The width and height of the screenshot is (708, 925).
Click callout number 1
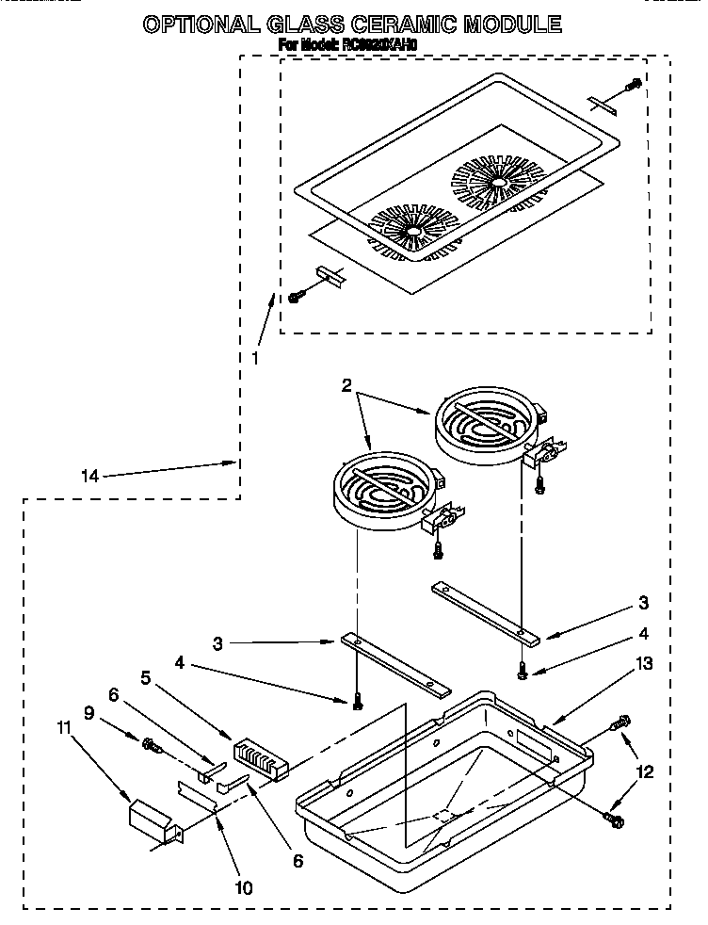coord(254,358)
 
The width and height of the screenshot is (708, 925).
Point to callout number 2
coord(347,385)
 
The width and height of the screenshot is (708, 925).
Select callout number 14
coord(88,476)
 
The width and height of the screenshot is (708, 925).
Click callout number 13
coord(644,664)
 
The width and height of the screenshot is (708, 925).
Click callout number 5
coord(145,676)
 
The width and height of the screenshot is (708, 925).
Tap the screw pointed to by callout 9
coord(150,746)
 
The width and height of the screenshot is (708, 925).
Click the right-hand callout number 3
coord(643,602)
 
